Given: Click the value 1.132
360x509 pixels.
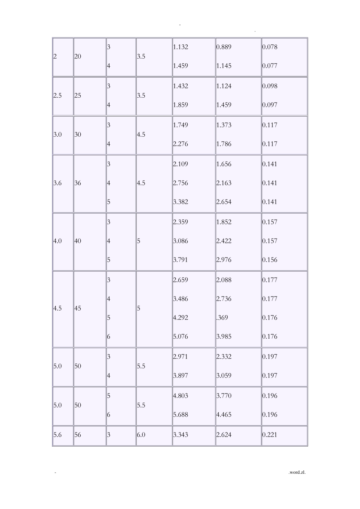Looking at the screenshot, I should point(180,47).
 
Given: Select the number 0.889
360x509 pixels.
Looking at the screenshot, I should point(224,47).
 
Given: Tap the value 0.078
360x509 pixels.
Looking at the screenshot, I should point(269,47).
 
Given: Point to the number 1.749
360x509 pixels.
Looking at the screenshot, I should point(180,125).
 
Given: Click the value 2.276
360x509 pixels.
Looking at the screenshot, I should point(180,144).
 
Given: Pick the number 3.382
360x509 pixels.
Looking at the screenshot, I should point(180,202).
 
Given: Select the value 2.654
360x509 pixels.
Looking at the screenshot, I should point(224,202).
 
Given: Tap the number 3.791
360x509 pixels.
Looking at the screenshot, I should point(180,260).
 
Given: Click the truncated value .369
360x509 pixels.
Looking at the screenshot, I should point(222,317).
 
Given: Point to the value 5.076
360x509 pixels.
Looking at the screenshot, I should point(180,336).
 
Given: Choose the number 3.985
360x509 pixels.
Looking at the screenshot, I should point(224,336).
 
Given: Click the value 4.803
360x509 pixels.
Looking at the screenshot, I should point(180,396).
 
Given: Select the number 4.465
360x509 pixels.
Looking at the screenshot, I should point(224,415).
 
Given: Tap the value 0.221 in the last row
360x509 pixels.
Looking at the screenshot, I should point(269,435).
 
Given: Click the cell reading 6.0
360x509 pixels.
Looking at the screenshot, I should point(141,435).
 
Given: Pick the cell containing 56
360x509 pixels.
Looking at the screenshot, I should point(78,435).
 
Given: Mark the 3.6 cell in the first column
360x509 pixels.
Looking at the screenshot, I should point(58,183).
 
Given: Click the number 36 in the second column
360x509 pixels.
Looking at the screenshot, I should point(78,183).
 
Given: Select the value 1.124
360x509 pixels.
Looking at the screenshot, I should point(224,86).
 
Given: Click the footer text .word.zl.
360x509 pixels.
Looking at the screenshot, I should point(297,472).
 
